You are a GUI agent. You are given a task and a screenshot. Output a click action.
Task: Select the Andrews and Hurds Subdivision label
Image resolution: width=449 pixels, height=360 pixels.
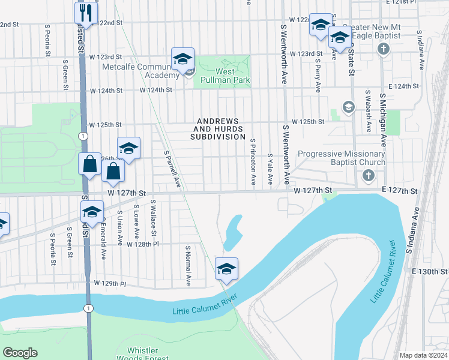[x=218, y=128]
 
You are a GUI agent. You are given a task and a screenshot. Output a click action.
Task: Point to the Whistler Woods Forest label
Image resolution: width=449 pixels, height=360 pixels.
[x=143, y=355]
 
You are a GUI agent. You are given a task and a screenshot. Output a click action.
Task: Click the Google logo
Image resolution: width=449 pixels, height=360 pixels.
[x=19, y=353]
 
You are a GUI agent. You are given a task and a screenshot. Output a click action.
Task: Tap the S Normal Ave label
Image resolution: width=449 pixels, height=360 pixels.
[x=188, y=265]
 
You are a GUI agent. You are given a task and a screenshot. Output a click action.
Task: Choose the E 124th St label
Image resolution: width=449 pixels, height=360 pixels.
[x=403, y=86]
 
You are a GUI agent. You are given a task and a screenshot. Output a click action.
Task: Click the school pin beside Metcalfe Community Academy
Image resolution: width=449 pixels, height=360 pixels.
[x=182, y=59]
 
